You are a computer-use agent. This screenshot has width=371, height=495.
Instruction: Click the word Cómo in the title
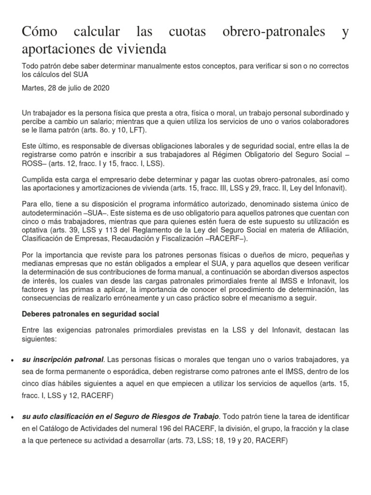click(40, 32)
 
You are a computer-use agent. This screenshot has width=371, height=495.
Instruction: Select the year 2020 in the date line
click(100, 88)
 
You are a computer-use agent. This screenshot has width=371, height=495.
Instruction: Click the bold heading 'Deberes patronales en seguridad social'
click(91, 314)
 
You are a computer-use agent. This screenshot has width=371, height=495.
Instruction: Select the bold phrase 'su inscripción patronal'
click(63, 360)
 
